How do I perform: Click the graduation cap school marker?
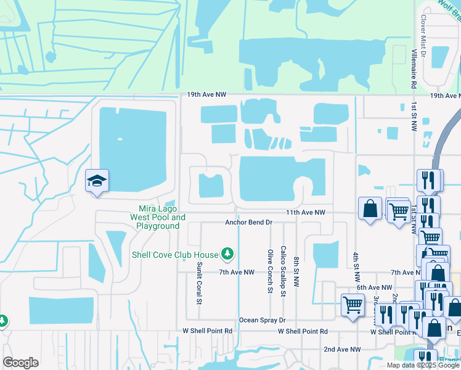(97, 181)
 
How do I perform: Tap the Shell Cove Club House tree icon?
(227, 254)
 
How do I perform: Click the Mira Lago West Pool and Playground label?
(158, 218)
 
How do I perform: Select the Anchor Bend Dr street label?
(248, 222)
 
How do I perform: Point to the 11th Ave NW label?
(305, 212)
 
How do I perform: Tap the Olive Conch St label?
(270, 271)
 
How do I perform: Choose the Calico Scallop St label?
(282, 271)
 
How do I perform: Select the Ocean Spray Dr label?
(263, 321)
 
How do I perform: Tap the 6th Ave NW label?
(375, 287)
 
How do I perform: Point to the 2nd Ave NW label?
(342, 349)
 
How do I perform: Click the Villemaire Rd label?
(415, 68)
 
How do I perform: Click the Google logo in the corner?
(20, 363)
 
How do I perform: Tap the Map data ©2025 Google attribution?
(423, 365)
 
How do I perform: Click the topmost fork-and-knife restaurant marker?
(430, 180)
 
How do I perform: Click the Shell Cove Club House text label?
(175, 255)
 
